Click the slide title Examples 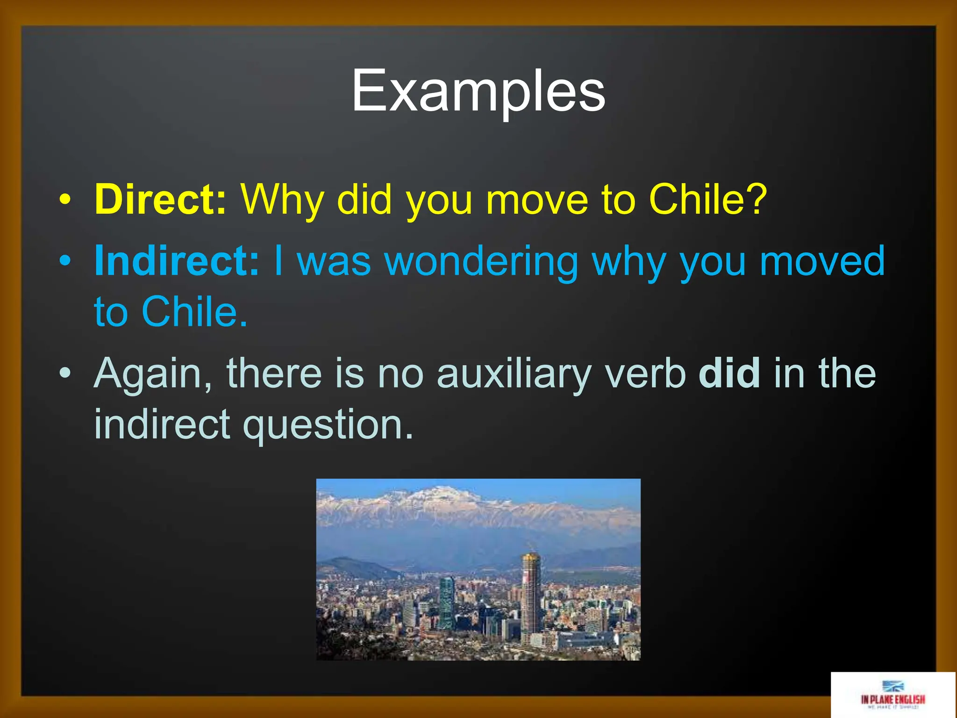(x=478, y=91)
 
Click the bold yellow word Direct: (x=160, y=199)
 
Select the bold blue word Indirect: (x=177, y=261)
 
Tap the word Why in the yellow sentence (x=282, y=200)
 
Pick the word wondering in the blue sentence (x=482, y=262)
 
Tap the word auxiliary (x=514, y=374)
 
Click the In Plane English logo (x=893, y=694)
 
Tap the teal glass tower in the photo (x=446, y=603)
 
